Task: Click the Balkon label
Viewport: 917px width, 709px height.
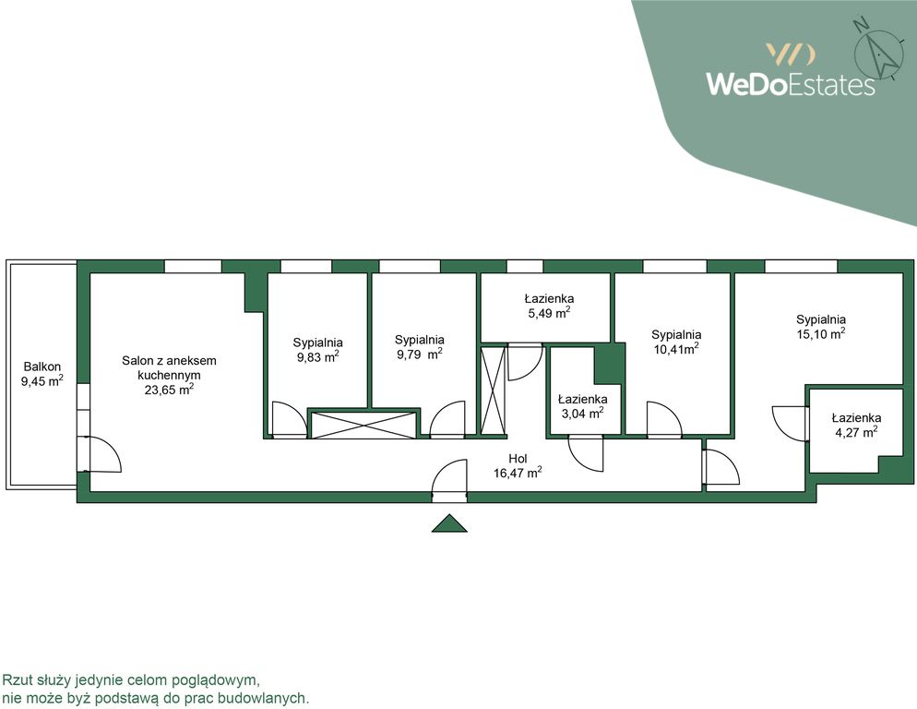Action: point(42,367)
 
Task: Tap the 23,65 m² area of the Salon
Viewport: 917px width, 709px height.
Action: point(169,390)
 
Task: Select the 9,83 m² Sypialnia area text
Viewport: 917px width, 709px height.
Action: point(317,356)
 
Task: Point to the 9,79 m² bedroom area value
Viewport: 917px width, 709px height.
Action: point(420,354)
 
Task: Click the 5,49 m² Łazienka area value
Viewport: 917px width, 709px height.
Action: point(549,313)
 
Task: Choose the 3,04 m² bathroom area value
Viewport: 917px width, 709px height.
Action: point(582,414)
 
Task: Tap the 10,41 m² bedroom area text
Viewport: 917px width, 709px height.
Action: point(676,349)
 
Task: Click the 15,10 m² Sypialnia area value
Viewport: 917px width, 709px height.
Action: point(820,333)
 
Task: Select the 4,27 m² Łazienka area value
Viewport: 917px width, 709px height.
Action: point(856,432)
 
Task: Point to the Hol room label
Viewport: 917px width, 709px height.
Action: point(518,459)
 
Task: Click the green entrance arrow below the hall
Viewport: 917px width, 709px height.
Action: point(449,523)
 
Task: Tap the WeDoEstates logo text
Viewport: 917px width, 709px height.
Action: point(790,84)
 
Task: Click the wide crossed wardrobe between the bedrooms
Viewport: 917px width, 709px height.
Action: point(363,425)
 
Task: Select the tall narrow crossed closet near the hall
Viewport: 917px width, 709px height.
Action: point(493,391)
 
